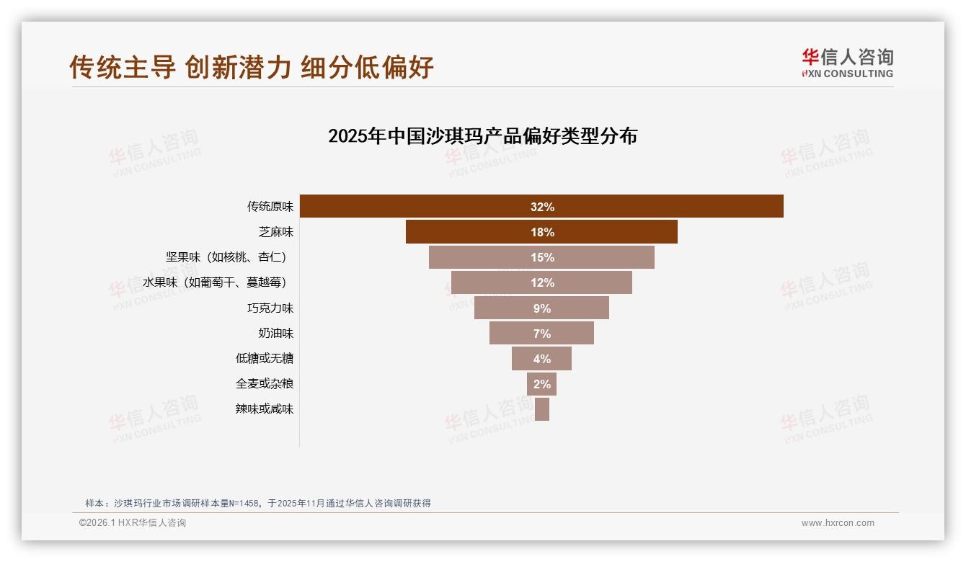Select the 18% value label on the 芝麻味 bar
point(542,232)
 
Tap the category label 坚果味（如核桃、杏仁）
point(230,257)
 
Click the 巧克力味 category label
point(270,308)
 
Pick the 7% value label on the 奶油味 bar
point(542,334)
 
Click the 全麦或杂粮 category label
point(265,383)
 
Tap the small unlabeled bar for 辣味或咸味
point(542,409)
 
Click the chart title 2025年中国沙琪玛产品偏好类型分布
point(482,136)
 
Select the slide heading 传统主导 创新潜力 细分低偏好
point(252,67)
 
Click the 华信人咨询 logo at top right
point(847,63)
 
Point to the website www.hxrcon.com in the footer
point(837,523)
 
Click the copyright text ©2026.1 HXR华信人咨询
point(133,523)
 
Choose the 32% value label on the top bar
point(542,207)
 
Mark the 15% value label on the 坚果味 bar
point(542,257)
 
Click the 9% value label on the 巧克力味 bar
point(542,308)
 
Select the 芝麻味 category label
point(276,232)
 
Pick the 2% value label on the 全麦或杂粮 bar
point(542,384)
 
